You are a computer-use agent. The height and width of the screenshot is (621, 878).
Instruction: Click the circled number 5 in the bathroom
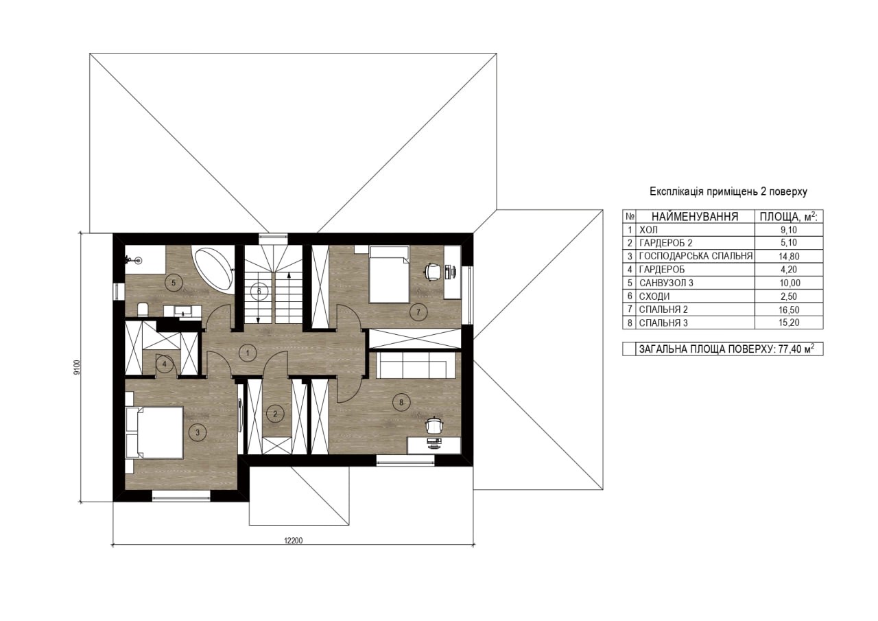tap(174, 282)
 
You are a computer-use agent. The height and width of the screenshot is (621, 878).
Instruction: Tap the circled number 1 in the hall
tap(248, 353)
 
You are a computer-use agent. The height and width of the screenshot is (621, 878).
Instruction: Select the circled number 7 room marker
tap(418, 312)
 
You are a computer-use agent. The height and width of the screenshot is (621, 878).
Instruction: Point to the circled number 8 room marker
tap(401, 402)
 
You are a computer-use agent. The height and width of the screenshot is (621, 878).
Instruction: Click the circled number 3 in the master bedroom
tap(198, 432)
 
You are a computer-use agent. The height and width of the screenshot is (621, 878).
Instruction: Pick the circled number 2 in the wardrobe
tap(275, 414)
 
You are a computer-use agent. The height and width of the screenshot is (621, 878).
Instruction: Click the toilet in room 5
tap(143, 309)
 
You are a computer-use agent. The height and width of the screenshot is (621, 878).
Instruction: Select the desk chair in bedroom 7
tap(431, 271)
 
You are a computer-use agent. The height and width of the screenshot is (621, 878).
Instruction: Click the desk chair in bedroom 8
tap(434, 425)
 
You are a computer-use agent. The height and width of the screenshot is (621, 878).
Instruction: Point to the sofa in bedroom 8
tap(416, 364)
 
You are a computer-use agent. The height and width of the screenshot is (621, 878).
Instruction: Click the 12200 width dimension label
tap(293, 541)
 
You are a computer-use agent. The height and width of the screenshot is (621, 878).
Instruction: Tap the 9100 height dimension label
tap(77, 367)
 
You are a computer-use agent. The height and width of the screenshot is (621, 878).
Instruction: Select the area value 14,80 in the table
tap(790, 257)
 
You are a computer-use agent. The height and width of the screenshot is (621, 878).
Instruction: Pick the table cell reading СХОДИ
tap(654, 296)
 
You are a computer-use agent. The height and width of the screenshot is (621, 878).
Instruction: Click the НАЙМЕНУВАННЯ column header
tap(695, 216)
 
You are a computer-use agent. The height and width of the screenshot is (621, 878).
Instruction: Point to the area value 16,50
tap(790, 309)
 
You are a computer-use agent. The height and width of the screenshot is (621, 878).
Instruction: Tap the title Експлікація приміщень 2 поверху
tap(728, 191)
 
